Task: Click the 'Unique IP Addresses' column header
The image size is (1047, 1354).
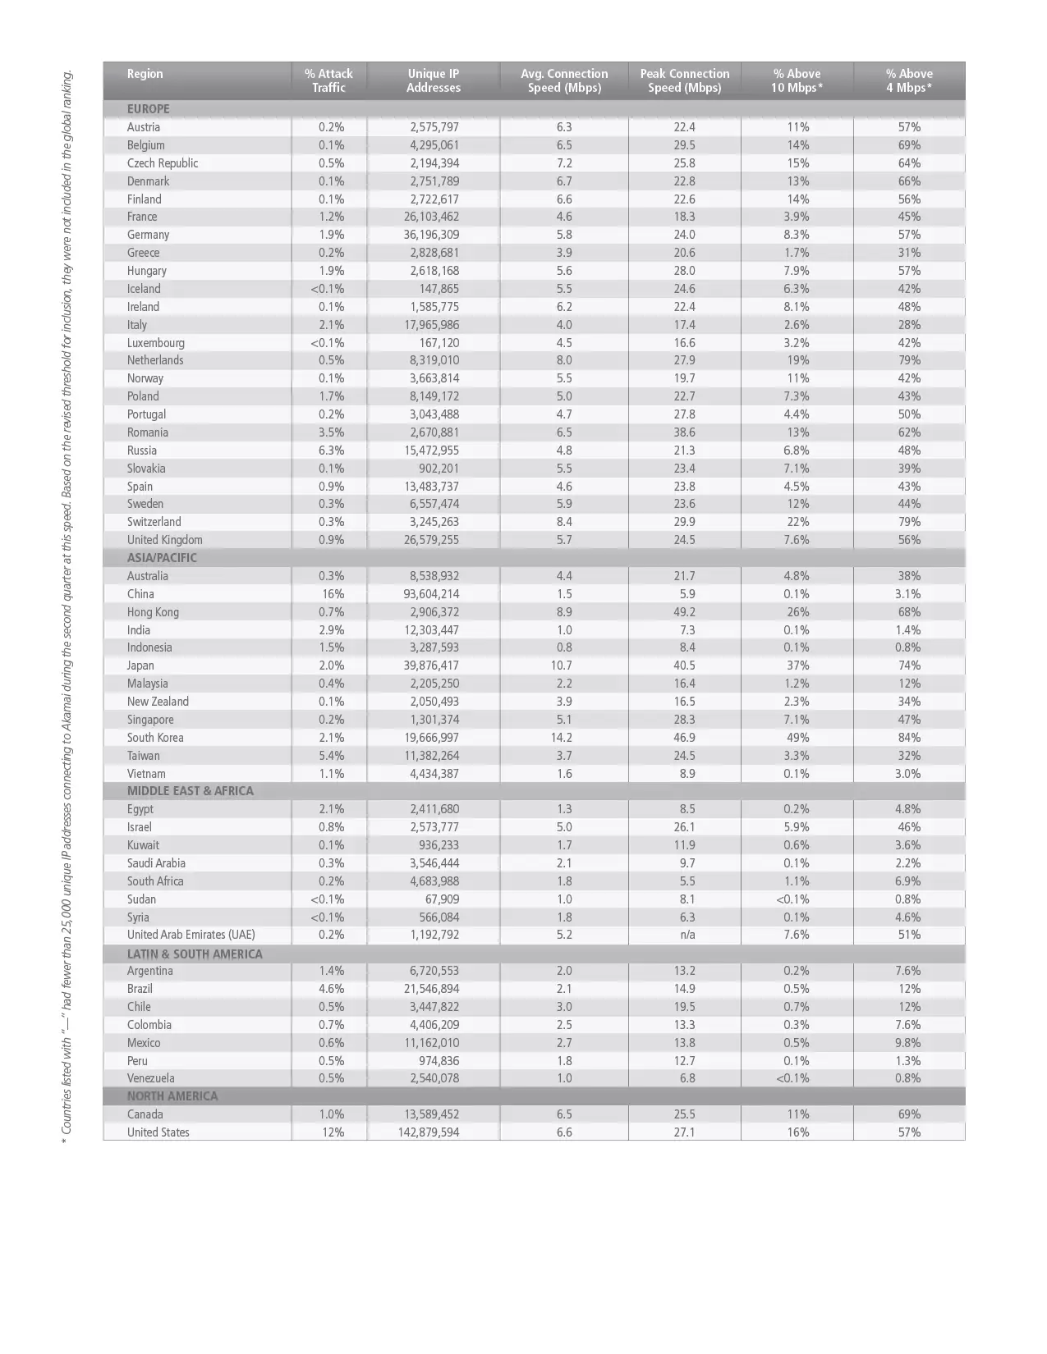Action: tap(433, 80)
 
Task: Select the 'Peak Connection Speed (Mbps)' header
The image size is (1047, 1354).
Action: tap(684, 80)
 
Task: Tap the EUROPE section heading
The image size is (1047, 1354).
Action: tap(149, 109)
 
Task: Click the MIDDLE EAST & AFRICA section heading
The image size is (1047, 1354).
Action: tap(191, 791)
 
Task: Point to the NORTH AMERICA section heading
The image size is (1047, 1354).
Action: tap(172, 1096)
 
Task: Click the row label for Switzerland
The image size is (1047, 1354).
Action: tap(154, 522)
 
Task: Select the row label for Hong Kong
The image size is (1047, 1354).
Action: tap(153, 612)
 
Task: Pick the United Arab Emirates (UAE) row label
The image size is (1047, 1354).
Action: tap(191, 935)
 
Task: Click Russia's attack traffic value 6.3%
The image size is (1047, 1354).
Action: tap(332, 451)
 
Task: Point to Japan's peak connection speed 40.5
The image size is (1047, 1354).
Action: tap(684, 666)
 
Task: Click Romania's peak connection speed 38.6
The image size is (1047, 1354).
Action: tap(684, 432)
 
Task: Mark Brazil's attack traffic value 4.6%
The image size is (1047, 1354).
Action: tap(332, 989)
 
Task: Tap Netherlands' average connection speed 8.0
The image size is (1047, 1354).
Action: tap(564, 360)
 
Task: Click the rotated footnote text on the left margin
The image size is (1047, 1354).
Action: tap(67, 607)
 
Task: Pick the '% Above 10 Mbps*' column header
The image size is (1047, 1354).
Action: tap(797, 80)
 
